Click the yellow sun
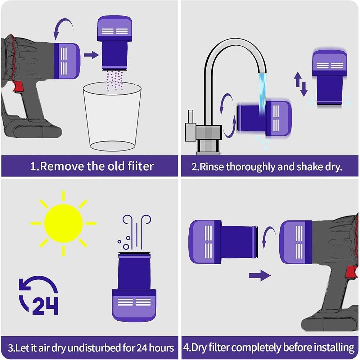tap(63, 223)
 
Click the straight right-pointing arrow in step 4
tap(260, 276)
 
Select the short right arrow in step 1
tap(91, 55)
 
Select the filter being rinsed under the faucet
tap(264, 119)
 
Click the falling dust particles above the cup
tap(115, 79)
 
